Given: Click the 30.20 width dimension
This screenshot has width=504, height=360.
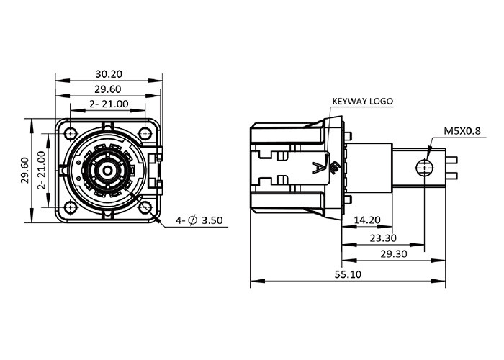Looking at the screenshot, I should [109, 73].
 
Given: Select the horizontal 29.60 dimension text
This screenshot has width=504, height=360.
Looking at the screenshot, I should [109, 89].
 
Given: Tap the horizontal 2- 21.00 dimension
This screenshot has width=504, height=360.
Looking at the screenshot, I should [109, 104].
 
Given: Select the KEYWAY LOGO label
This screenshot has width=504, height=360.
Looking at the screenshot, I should [362, 102].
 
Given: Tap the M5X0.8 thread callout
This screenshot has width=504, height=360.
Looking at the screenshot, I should [462, 131].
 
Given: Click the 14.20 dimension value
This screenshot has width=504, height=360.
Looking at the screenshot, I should [368, 220].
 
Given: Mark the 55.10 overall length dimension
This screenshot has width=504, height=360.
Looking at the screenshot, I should [348, 274].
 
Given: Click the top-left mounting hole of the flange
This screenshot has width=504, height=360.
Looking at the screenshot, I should [70, 133].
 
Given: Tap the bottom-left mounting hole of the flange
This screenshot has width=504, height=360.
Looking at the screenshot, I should [70, 207].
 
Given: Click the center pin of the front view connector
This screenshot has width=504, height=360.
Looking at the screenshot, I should [107, 171].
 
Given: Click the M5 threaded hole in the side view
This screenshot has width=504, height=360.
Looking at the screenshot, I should [424, 168].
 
